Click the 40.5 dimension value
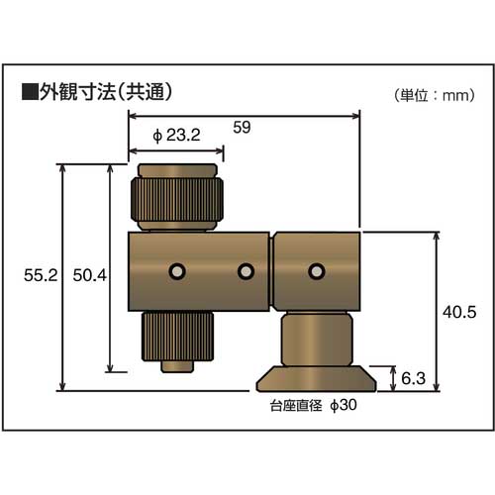(x=460, y=311)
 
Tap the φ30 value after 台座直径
(x=343, y=406)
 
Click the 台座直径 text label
(x=295, y=406)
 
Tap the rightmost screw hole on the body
(x=316, y=270)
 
